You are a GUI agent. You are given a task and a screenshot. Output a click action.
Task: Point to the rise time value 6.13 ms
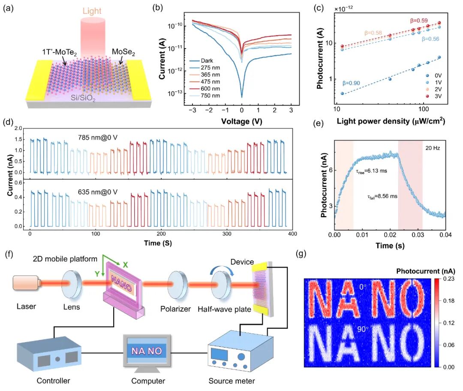(x=376, y=171)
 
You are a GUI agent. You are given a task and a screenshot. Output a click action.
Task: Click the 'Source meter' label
(x=231, y=381)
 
